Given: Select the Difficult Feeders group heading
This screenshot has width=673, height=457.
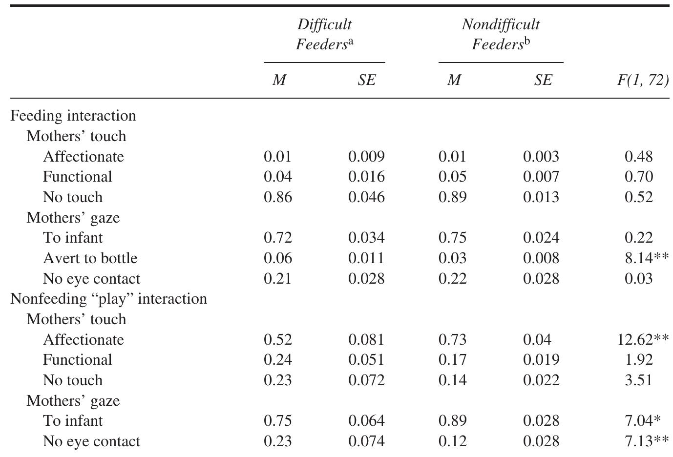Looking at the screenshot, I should (324, 34).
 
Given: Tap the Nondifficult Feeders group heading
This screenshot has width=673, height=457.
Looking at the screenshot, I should (501, 34).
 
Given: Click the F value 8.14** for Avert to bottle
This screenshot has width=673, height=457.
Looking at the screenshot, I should (646, 258).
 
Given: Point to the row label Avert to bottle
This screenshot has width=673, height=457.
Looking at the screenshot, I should (90, 258).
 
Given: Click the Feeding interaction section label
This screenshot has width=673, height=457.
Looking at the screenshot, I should (73, 116).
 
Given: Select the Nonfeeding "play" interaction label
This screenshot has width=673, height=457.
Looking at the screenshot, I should (108, 298).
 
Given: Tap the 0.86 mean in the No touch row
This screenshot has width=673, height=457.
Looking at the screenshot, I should (277, 197).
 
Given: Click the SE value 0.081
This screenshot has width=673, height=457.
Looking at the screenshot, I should (366, 339).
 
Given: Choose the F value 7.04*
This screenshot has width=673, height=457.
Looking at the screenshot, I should (643, 421).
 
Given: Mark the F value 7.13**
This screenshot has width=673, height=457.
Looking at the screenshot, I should (646, 441).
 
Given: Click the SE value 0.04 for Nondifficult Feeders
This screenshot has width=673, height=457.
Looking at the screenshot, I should (537, 339).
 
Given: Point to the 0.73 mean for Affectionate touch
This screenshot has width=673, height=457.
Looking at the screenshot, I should (452, 339).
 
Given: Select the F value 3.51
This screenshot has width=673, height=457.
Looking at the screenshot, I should (638, 380).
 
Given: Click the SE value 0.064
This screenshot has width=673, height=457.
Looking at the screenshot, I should (366, 421).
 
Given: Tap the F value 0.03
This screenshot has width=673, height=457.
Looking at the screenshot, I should (638, 278).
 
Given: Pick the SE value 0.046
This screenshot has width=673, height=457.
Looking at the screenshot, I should (366, 197).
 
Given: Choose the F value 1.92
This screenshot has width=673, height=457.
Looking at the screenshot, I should (638, 360).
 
